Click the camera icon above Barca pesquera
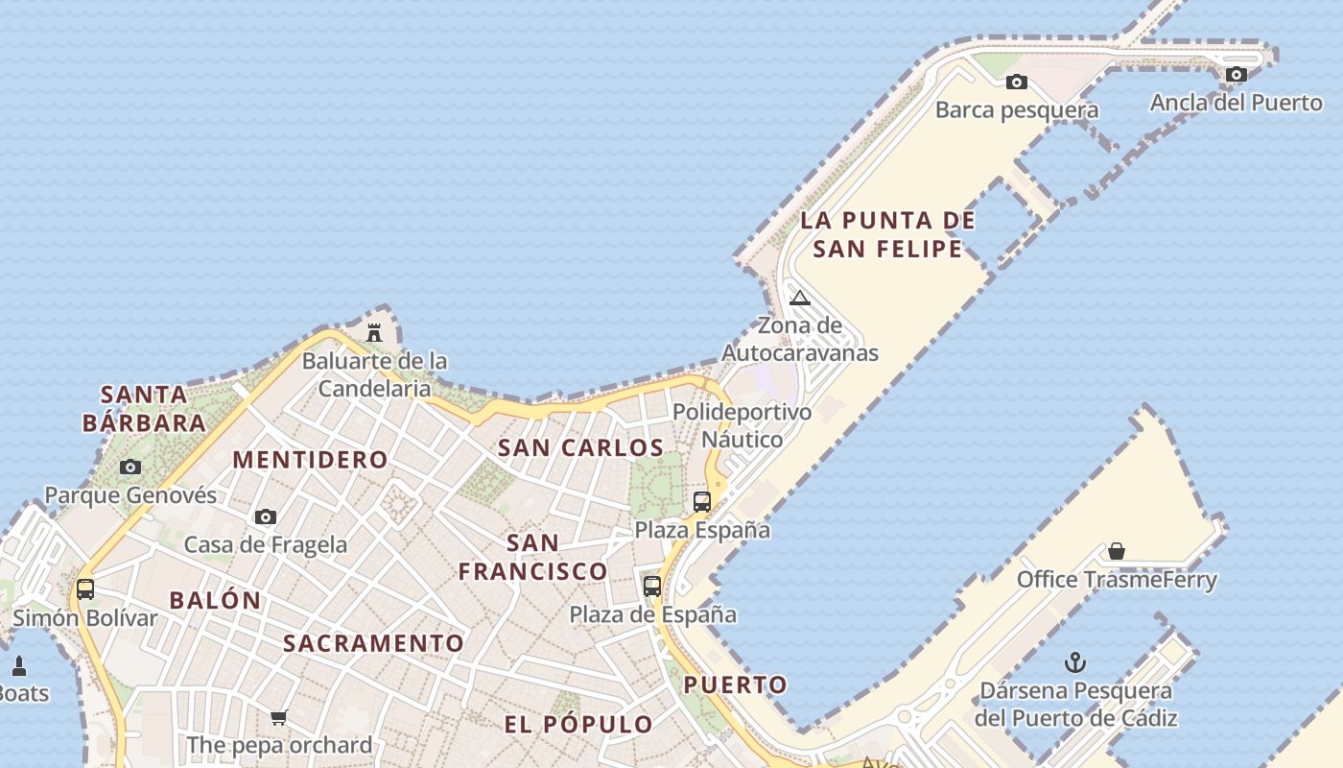1016,83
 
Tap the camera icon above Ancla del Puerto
1236,74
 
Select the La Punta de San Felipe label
887,234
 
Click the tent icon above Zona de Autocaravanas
800,299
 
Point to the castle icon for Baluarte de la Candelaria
374,333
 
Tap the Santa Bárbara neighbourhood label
144,408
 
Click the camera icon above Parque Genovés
130,468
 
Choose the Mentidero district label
310,459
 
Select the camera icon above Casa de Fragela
266,516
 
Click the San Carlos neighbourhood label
580,447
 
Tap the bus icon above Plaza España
702,501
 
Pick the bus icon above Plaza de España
652,586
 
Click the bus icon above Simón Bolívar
85,588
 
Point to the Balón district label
215,601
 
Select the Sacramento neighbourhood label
373,643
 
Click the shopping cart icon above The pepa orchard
279,717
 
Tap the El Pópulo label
578,724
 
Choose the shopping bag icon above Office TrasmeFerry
1116,551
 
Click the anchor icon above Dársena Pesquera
1075,662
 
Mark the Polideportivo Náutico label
742,425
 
